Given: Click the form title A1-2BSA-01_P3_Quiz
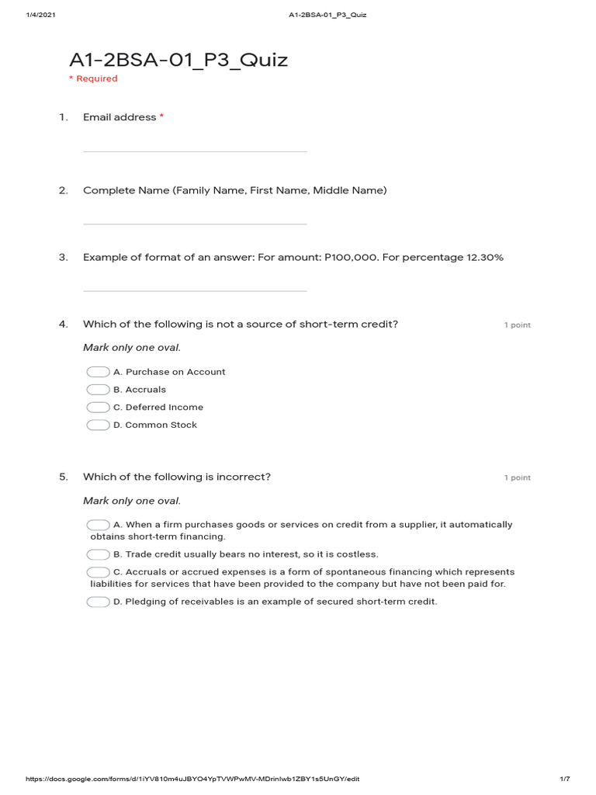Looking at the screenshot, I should coord(178,60).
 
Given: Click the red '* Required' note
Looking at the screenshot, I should coord(93,78).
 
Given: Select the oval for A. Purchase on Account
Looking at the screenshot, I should coord(98,372).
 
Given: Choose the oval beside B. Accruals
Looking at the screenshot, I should coord(98,390).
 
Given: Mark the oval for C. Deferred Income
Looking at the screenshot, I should coord(98,408).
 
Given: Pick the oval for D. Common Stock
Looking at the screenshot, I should coord(98,425).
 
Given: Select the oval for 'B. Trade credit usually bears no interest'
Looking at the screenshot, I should coord(98,554).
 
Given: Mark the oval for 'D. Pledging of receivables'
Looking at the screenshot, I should coord(98,602).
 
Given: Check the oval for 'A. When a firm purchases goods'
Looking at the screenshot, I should coord(98,525).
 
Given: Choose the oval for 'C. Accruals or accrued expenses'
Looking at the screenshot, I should coord(98,572).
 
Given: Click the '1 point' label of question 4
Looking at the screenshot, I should coord(517,325).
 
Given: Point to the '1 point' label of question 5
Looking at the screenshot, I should coord(517,478).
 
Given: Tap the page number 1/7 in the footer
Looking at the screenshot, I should coord(564,779).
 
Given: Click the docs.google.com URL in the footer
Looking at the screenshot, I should coord(192,779).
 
